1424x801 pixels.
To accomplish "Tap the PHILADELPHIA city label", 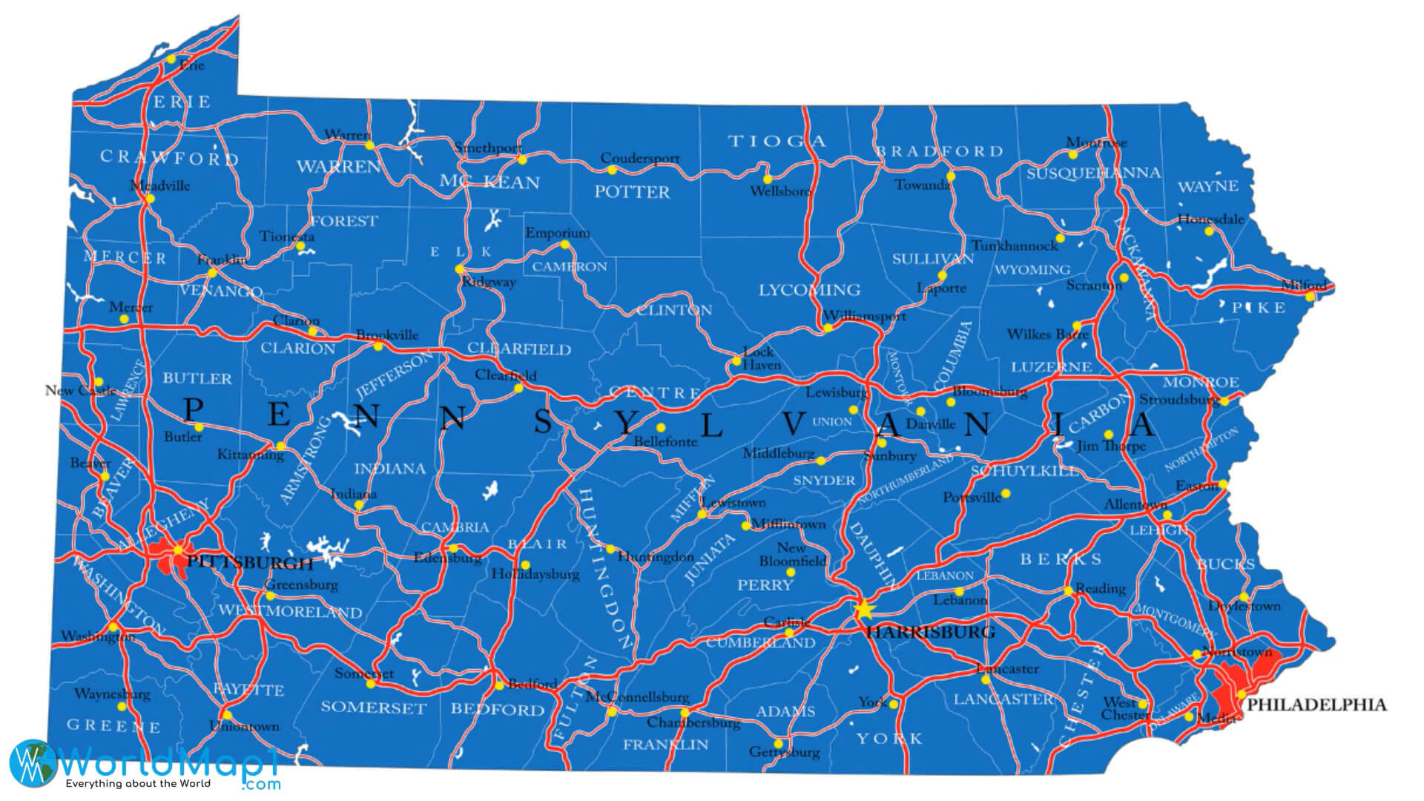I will [x=1316, y=705].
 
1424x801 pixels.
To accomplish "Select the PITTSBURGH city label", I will [x=249, y=562].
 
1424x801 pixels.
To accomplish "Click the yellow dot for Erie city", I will [x=171, y=59].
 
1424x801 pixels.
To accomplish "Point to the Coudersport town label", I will [x=639, y=158].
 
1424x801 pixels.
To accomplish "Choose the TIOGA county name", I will [x=777, y=141].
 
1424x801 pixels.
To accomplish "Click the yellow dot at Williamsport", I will [x=828, y=328].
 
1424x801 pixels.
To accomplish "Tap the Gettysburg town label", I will [x=785, y=752].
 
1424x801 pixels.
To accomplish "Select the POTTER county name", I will [x=631, y=192].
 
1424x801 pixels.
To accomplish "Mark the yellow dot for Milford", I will [x=1310, y=297].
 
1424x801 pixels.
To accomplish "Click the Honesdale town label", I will [x=1210, y=220].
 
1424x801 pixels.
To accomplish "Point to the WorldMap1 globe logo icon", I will [x=32, y=762].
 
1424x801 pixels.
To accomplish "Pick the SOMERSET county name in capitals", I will [x=373, y=708].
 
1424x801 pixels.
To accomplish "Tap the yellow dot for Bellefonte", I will [x=660, y=427].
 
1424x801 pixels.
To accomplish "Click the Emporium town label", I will [x=558, y=233].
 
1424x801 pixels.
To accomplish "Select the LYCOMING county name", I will [x=809, y=290].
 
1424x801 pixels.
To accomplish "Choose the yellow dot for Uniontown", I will [x=225, y=716].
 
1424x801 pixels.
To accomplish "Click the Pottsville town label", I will [x=972, y=497].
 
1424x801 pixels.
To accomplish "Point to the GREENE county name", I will [x=113, y=725].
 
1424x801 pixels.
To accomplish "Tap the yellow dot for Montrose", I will [x=1072, y=155].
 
